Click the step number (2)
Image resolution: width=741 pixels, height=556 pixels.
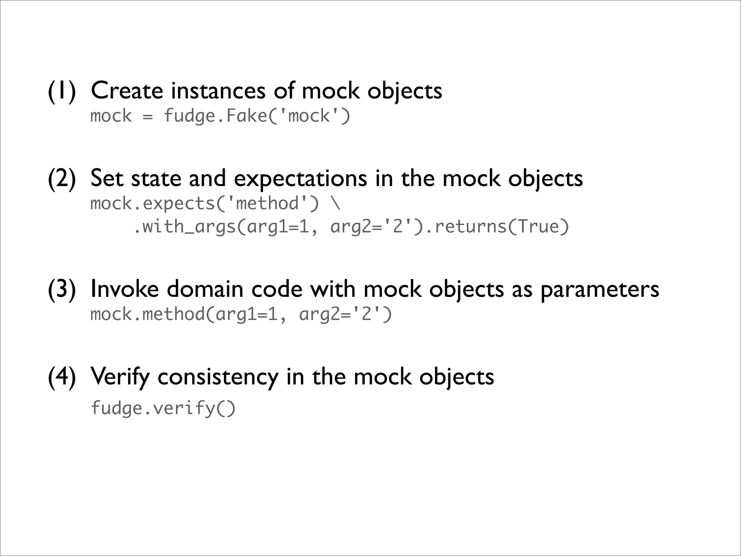click(x=62, y=178)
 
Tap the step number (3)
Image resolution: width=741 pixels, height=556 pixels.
click(x=62, y=289)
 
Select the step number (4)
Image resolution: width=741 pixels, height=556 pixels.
click(x=62, y=377)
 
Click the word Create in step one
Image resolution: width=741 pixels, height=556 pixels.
click(x=127, y=90)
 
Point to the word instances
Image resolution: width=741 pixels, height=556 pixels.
click(x=218, y=90)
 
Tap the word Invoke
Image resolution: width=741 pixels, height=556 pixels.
click(x=124, y=289)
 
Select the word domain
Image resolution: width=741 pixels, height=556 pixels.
click(x=205, y=289)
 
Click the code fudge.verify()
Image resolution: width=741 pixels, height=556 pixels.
click(x=163, y=408)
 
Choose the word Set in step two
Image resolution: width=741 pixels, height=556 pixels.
click(x=107, y=178)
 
